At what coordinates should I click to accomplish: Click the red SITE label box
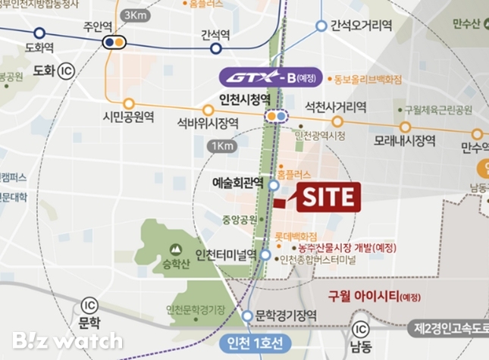(328, 196)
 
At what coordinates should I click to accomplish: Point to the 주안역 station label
(96, 25)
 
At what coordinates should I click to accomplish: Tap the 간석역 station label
(216, 34)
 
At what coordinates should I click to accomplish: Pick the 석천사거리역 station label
(334, 105)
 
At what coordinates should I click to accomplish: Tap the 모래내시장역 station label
(404, 141)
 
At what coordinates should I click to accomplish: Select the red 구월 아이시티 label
(371, 296)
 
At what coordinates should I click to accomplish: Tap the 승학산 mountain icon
(176, 249)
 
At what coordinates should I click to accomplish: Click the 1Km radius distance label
(223, 146)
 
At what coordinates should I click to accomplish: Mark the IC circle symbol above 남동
(362, 329)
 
